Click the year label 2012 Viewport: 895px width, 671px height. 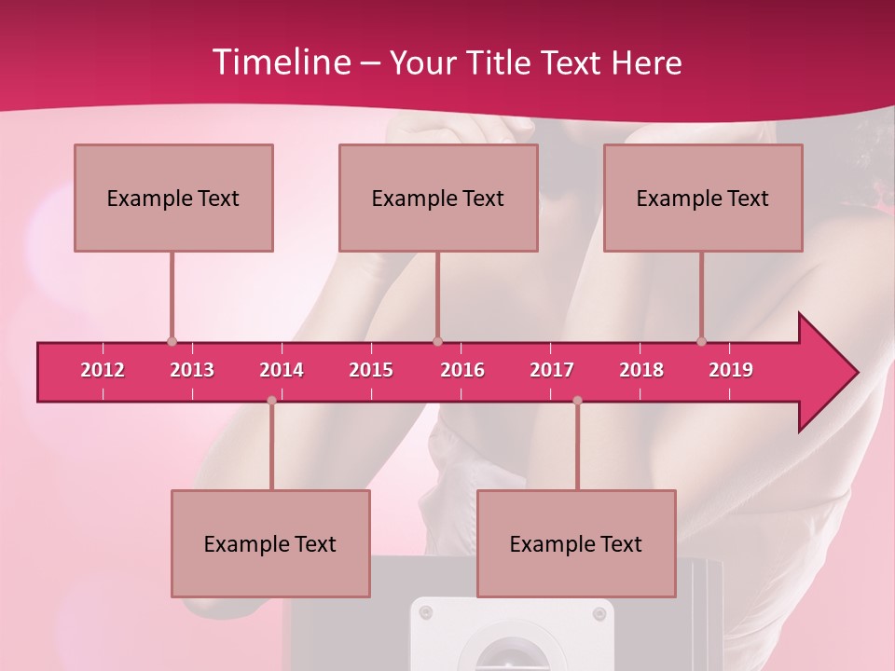(103, 370)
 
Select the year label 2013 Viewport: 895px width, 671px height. (192, 370)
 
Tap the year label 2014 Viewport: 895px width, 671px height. (282, 370)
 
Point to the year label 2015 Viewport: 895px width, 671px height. (371, 370)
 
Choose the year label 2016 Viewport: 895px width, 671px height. (462, 370)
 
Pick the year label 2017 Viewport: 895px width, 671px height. (552, 370)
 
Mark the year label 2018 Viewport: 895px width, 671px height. (641, 370)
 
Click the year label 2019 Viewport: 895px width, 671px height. (731, 370)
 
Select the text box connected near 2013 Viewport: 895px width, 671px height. (173, 198)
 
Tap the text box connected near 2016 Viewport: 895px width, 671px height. (438, 198)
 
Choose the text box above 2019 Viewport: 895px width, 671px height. (703, 198)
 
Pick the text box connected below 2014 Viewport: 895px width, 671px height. (270, 543)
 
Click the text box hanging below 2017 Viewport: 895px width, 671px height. (576, 543)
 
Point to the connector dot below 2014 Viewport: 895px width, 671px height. (271, 401)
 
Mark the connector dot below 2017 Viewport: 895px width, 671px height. (577, 401)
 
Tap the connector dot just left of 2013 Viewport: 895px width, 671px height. (172, 342)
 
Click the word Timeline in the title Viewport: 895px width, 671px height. (280, 62)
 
